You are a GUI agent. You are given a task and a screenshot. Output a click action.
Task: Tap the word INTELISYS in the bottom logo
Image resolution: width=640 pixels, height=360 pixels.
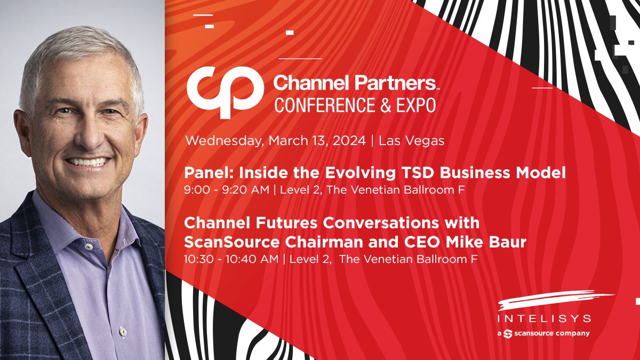pos(544,319)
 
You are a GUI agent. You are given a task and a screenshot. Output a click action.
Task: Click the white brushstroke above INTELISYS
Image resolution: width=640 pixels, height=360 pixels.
pos(555,302)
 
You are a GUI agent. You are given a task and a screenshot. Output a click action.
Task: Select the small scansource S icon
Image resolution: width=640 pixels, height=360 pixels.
pos(508,333)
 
